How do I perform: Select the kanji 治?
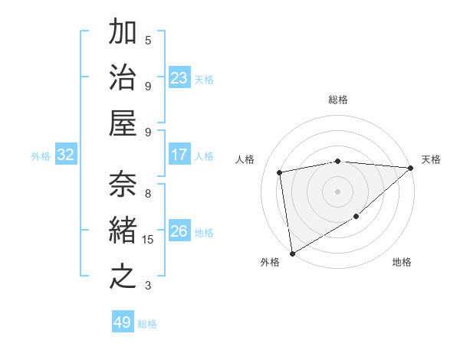point(123,80)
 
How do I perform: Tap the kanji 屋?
point(123,124)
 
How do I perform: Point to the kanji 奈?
point(123,184)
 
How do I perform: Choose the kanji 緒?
point(123,230)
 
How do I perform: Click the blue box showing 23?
point(179,78)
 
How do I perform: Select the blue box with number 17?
point(179,155)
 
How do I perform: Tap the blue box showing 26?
point(179,231)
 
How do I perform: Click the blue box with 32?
point(66,155)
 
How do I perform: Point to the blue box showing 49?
point(123,322)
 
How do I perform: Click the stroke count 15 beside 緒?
point(148,240)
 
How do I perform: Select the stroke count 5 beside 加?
point(148,40)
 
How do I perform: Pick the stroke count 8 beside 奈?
point(148,194)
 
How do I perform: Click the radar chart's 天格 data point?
point(410,168)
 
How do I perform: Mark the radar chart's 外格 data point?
point(292,253)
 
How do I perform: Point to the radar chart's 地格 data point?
point(356,218)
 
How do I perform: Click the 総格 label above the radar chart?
point(337,100)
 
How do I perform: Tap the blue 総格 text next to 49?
point(148,324)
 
